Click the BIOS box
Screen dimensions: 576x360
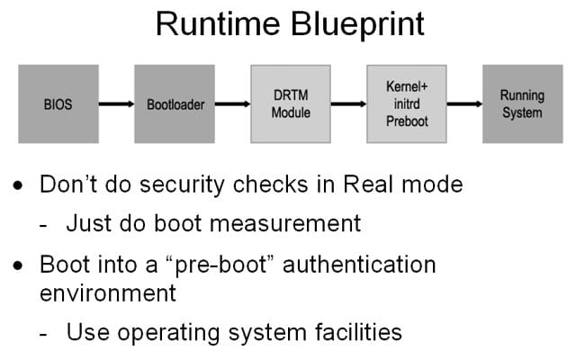[x=58, y=104]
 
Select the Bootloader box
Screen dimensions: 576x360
[x=175, y=104]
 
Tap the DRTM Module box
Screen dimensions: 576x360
[x=291, y=104]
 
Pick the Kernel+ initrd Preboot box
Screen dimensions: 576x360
[x=407, y=104]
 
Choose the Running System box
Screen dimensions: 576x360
[x=522, y=104]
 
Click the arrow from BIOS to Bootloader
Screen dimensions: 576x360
[x=116, y=104]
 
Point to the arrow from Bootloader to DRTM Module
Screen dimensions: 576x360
[x=232, y=104]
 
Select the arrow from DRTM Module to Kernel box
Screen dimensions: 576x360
[x=348, y=104]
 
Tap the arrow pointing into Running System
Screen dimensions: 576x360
[x=464, y=104]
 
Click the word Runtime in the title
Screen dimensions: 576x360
[x=218, y=24]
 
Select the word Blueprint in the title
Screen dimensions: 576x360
[x=358, y=25]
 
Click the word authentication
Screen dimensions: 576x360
[x=359, y=265]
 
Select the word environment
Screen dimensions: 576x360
[x=108, y=293]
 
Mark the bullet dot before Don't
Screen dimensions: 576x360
[x=18, y=185]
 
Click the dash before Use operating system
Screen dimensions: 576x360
[x=43, y=335]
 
